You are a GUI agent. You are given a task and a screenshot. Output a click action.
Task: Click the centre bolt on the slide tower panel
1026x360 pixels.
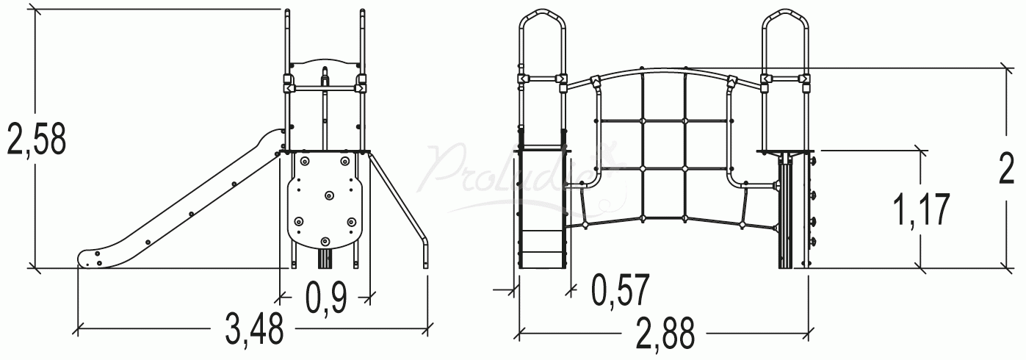pos(328,195)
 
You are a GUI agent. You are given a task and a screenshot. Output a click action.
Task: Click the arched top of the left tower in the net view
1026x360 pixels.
pos(542,16)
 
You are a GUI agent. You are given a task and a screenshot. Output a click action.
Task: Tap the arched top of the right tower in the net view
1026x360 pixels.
pos(785,16)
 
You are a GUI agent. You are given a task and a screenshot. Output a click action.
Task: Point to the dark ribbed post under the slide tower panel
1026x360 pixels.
pos(325,259)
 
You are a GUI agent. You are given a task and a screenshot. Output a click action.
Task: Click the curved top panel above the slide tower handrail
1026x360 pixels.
pos(324,62)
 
